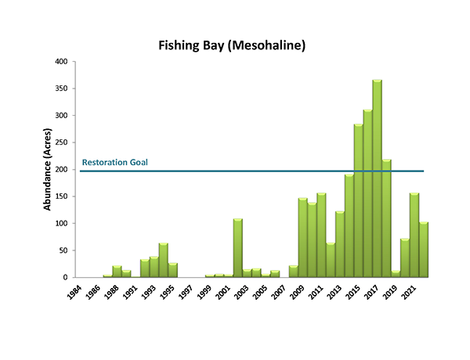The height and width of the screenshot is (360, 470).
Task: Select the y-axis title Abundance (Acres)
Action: (x=48, y=170)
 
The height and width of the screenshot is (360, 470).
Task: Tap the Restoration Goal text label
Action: (x=115, y=163)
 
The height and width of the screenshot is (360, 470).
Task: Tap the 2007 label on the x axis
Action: (x=277, y=293)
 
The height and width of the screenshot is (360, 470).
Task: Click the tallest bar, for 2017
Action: (x=377, y=179)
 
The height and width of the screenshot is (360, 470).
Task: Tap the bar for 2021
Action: (x=414, y=236)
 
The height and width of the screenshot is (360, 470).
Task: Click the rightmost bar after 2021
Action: (x=424, y=250)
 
